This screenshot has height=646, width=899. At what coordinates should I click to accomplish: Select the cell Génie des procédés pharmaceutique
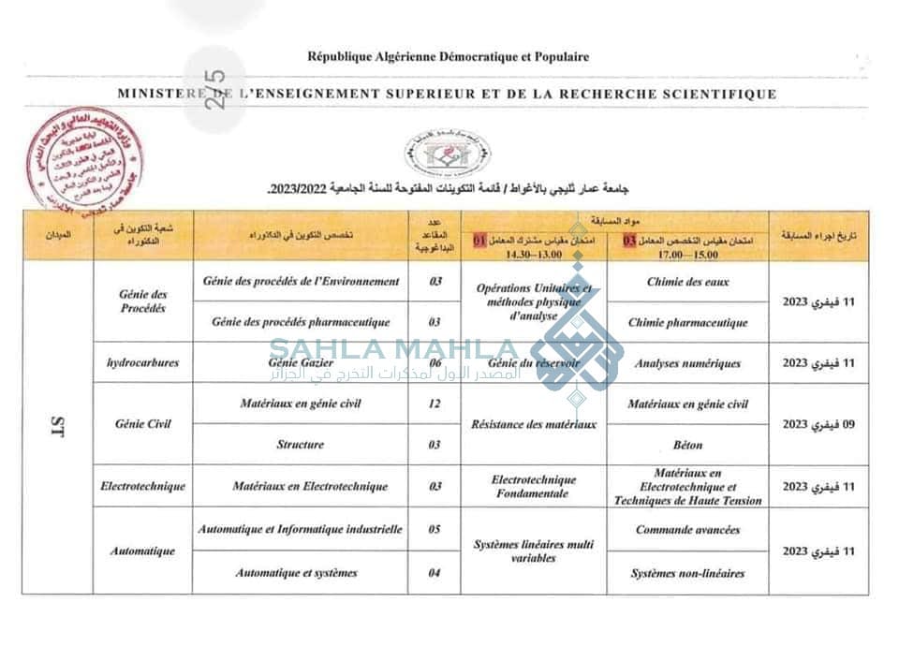tap(301, 322)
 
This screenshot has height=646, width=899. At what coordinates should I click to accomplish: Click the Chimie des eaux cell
tap(687, 281)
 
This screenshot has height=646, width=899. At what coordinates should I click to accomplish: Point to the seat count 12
tap(435, 404)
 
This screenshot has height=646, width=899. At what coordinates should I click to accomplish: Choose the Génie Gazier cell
tap(301, 362)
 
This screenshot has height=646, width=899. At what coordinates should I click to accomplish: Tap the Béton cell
tap(687, 445)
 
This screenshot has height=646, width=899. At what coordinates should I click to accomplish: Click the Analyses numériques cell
tap(687, 363)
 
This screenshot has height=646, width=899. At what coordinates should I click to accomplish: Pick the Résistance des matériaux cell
tap(536, 424)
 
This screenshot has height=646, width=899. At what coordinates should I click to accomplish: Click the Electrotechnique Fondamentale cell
tap(535, 487)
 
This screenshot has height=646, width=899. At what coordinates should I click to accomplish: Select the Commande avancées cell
tap(687, 530)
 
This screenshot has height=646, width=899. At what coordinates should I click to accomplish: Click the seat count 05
tap(435, 530)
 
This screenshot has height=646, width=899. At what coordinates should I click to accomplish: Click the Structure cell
tap(301, 445)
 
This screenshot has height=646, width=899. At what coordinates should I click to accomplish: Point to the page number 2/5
tap(218, 93)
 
